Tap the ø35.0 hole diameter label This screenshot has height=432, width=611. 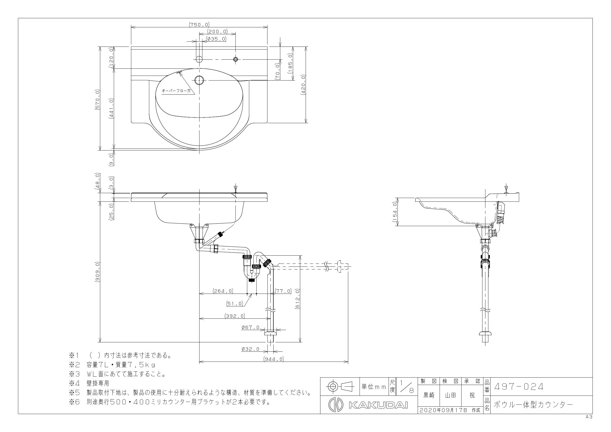point(216,39)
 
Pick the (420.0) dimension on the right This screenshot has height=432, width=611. point(303,85)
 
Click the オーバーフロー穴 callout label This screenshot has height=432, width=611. point(176,91)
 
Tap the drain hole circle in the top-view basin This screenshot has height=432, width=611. point(199,80)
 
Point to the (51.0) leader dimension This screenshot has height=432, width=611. point(235,303)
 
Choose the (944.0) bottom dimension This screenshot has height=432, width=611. point(274,359)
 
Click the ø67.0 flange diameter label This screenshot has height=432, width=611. point(250,328)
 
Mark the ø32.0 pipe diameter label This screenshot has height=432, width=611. point(250,349)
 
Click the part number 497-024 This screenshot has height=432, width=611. point(519,386)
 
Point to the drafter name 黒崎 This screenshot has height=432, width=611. point(429,396)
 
